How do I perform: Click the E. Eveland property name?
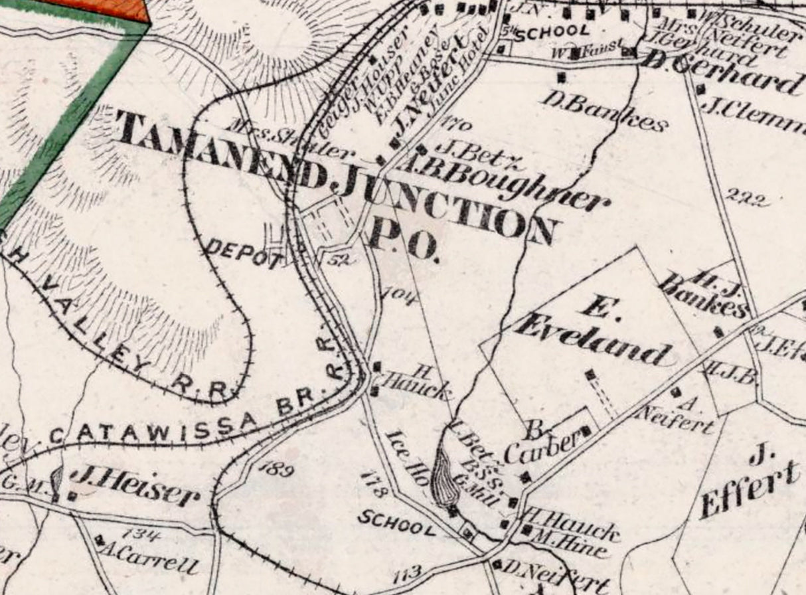[593, 333]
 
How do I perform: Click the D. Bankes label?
[604, 111]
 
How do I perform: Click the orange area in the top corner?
[106, 9]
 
